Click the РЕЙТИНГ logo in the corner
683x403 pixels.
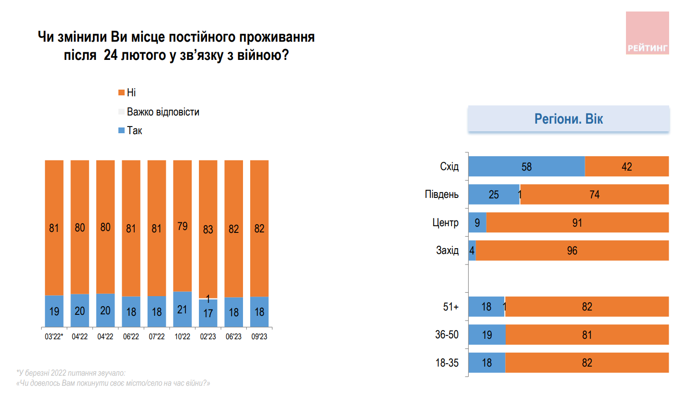coord(647,33)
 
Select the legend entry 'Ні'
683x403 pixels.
coord(131,92)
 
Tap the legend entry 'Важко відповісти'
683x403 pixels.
coord(162,112)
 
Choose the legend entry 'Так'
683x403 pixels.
coord(134,131)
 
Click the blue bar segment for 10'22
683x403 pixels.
coord(182,310)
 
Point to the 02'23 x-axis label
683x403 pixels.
coord(208,337)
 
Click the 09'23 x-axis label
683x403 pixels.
coord(259,337)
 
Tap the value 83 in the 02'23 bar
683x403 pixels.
coord(208,229)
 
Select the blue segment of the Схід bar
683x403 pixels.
coord(526,167)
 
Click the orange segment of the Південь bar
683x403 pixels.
coord(594,195)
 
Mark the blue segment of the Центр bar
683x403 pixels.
coord(477,223)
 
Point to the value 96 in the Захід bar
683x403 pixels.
coord(572,251)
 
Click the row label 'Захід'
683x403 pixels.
coord(447,251)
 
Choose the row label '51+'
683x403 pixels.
coord(451,307)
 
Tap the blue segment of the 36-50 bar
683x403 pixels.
coord(487,335)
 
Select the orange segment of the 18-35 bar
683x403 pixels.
coord(587,363)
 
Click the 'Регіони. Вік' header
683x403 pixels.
coord(568,119)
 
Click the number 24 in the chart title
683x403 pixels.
coord(111,56)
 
